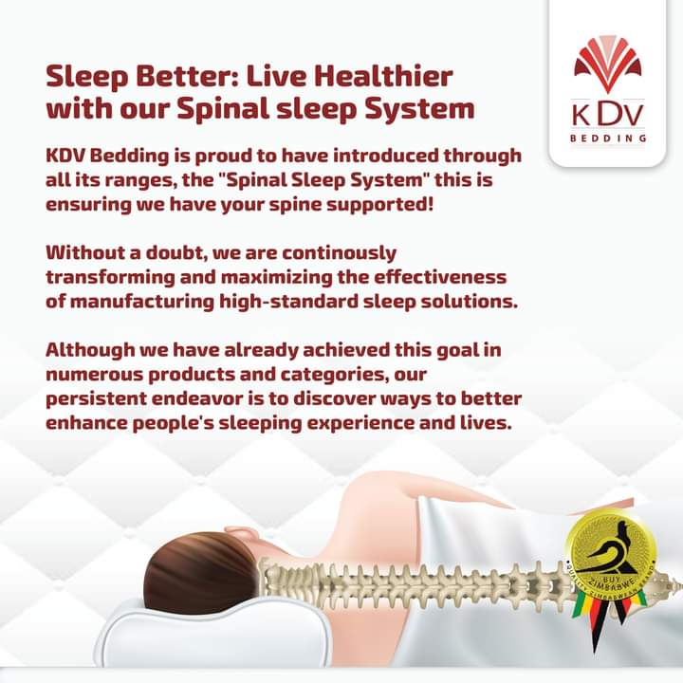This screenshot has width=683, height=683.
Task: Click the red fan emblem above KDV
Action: [608, 65]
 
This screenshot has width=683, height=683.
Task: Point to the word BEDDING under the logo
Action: [608, 138]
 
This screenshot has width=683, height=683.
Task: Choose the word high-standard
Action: [288, 302]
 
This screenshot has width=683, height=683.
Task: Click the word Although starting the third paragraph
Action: [90, 351]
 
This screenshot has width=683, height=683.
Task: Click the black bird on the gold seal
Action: [611, 551]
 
